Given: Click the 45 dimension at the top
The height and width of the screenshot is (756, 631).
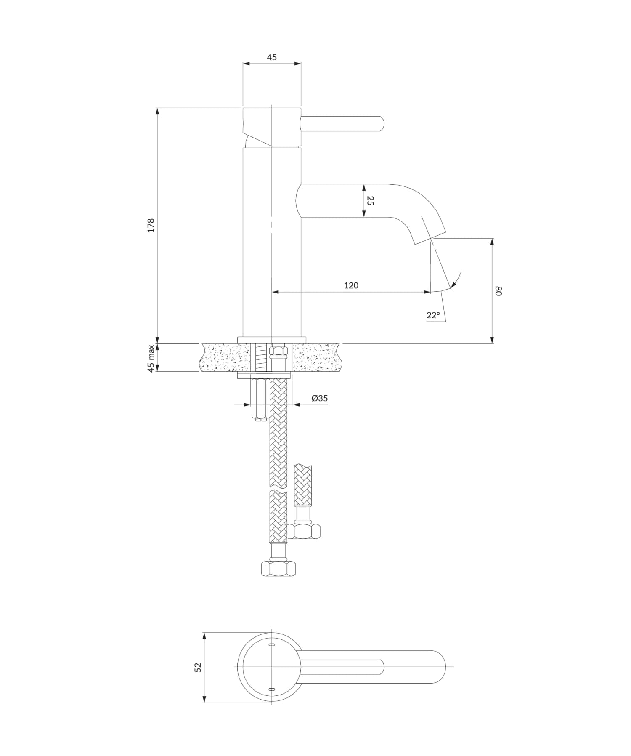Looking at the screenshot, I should tap(272, 57).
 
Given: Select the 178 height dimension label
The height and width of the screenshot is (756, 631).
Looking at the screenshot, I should tap(151, 225).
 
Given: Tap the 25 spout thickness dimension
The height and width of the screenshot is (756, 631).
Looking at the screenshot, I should tap(370, 200).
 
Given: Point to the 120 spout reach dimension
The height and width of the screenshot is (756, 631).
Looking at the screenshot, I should tap(351, 285).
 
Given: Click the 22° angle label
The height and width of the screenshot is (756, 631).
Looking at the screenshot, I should tap(433, 315).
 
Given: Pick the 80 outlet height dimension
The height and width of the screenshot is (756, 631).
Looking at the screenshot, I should tap(498, 291).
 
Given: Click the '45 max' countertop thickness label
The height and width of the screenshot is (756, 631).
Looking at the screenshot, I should tap(151, 358).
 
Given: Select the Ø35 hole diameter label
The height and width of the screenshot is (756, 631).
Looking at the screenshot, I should tap(319, 398).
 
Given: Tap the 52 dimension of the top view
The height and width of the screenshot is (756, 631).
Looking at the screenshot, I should tap(198, 667).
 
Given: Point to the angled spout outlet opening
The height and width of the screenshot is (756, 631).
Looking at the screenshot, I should tap(430, 237).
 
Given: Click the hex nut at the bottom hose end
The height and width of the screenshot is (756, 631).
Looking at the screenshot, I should tap(278, 569).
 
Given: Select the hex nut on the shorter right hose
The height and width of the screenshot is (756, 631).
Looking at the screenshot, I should tap(303, 531).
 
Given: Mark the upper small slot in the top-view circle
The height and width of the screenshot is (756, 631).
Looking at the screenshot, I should tap(272, 645).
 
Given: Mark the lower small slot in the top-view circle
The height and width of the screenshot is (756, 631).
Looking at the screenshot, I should tap(272, 689).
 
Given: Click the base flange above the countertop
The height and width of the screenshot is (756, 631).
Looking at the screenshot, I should tap(272, 340).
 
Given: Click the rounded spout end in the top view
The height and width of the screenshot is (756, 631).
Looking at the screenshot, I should tap(441, 667).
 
